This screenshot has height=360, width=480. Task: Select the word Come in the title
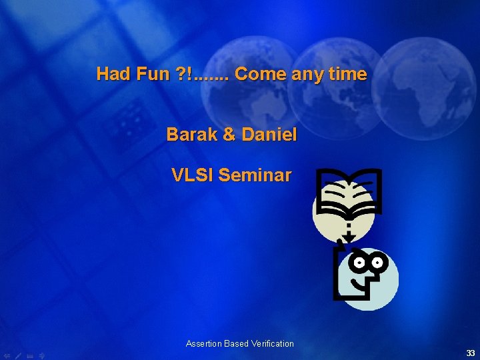[x=261, y=73]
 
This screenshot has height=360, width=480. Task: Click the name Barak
[x=189, y=135]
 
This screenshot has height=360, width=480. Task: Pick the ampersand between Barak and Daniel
[x=228, y=135]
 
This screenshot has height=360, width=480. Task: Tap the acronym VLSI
[x=192, y=175]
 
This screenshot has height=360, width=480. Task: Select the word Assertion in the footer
[x=203, y=344]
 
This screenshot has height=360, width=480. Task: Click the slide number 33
[x=471, y=353]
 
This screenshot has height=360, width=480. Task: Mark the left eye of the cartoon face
[x=360, y=263]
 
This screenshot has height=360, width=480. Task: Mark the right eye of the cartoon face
[x=377, y=263]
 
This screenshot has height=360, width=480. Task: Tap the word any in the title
[x=305, y=73]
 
